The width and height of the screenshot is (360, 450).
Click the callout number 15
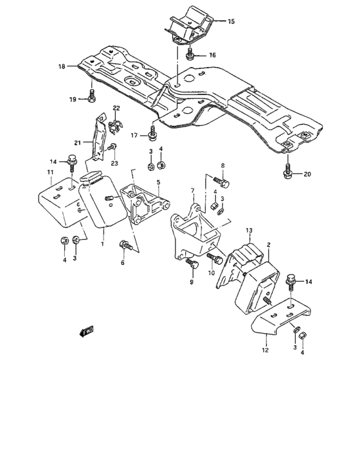coord(231,21)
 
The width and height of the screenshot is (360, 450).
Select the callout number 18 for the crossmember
coord(62,66)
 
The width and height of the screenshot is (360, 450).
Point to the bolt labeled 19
coord(92,98)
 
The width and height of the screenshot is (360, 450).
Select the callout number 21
coord(76,143)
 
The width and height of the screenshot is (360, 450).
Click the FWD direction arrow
coord(85,332)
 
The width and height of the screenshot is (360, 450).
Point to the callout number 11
coord(50,173)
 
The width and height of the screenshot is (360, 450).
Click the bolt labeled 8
coord(222,183)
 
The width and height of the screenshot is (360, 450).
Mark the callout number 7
coord(192,191)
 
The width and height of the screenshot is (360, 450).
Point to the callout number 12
coord(265,351)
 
